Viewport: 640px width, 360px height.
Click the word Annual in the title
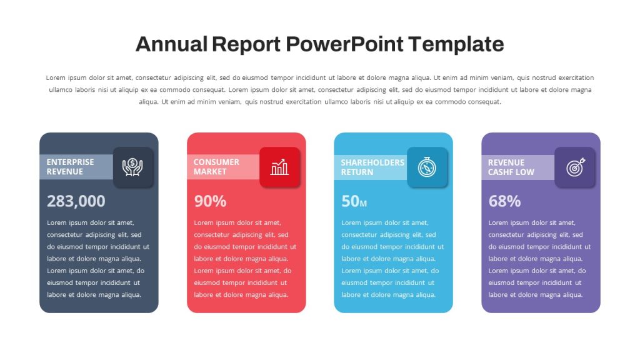(171, 44)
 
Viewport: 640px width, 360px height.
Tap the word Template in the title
(456, 44)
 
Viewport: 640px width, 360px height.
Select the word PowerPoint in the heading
(344, 44)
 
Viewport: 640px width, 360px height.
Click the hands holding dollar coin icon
(132, 167)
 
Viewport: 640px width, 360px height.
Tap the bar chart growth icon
(279, 167)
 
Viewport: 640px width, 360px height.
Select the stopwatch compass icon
(427, 167)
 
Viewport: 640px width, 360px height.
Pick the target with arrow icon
(576, 167)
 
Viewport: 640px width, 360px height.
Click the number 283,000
(76, 201)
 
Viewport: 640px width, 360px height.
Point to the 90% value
(210, 201)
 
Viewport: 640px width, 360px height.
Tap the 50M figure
(354, 201)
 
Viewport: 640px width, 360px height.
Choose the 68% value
(504, 201)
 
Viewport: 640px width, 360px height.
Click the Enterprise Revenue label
(70, 167)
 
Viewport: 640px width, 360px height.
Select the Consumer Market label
(216, 167)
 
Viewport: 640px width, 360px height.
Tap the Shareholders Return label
(372, 167)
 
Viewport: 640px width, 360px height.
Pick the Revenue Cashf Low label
(511, 167)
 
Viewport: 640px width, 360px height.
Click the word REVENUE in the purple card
(506, 162)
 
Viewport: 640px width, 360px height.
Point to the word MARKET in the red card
(210, 172)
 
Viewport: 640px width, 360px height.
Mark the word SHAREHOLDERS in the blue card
(372, 162)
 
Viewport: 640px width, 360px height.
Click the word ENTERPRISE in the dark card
(70, 162)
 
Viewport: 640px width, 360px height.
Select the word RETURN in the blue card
(357, 172)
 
